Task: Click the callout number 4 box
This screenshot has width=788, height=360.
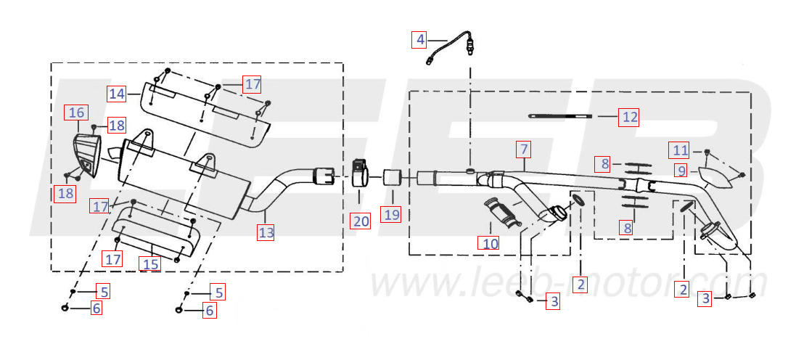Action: [x=419, y=39]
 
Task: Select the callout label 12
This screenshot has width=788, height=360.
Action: [x=630, y=117]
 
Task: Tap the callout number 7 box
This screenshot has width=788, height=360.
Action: [x=524, y=150]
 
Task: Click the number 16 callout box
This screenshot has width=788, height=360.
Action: [x=76, y=112]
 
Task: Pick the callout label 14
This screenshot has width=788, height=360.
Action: [x=117, y=94]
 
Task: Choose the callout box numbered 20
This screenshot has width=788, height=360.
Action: [x=361, y=220]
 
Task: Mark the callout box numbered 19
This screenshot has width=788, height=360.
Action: [x=392, y=215]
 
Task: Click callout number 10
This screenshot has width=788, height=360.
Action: [x=490, y=244]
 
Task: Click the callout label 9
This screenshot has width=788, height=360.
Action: [x=681, y=171]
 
